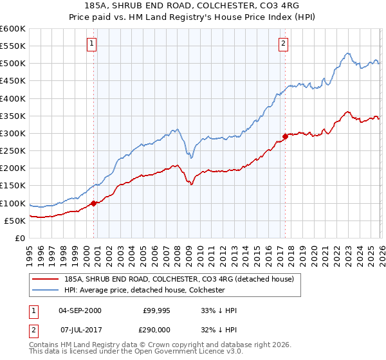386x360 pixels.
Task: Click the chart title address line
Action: click(x=192, y=6)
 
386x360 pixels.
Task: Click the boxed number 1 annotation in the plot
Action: click(x=92, y=44)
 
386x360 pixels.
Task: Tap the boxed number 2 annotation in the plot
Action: click(x=283, y=44)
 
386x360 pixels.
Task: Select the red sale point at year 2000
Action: click(x=93, y=203)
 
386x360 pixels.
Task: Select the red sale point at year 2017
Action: click(x=284, y=136)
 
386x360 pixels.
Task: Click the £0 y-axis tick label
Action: click(x=19, y=238)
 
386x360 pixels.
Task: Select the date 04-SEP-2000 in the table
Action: click(x=80, y=310)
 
